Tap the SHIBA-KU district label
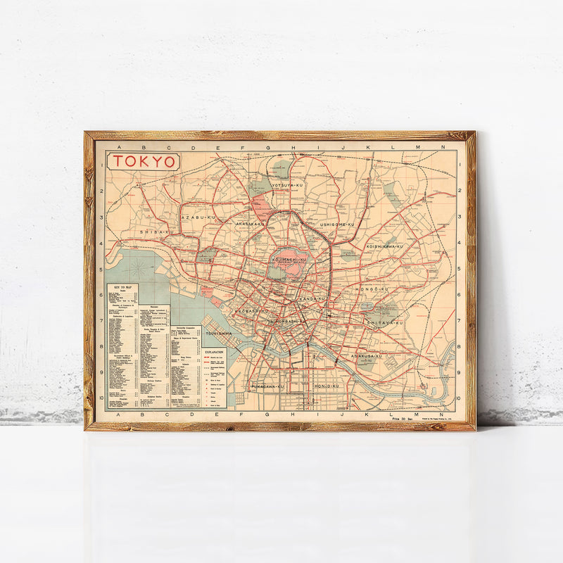[x=156, y=231]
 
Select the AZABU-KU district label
[x=197, y=217]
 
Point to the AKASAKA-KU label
[x=250, y=224]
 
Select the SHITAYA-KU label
[x=384, y=322]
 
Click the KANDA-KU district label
[x=312, y=298]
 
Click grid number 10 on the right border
[x=458, y=398]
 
